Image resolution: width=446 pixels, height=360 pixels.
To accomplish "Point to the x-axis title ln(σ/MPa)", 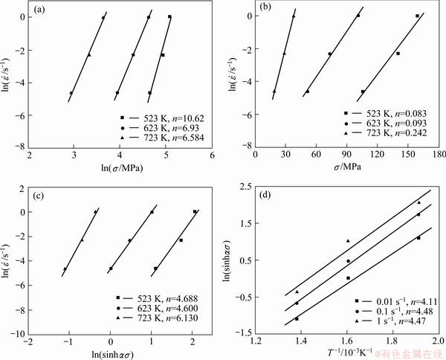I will click(121, 167).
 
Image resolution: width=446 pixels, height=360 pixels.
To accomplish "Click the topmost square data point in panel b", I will click(418, 16).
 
